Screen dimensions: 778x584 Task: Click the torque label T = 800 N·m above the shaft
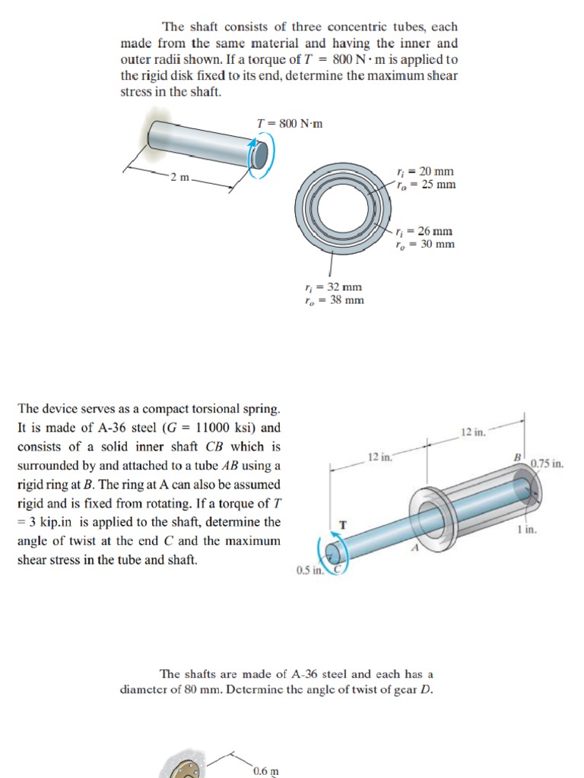tap(290, 123)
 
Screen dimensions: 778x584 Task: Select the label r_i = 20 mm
tap(426, 172)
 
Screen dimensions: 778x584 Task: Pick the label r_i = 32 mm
tap(332, 286)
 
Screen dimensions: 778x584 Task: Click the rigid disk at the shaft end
tap(260, 155)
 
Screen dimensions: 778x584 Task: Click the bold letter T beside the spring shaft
tap(343, 523)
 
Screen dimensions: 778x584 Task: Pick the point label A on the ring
tap(415, 549)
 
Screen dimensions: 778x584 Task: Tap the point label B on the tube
tap(517, 457)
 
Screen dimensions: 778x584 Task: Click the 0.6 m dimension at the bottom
tap(265, 770)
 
